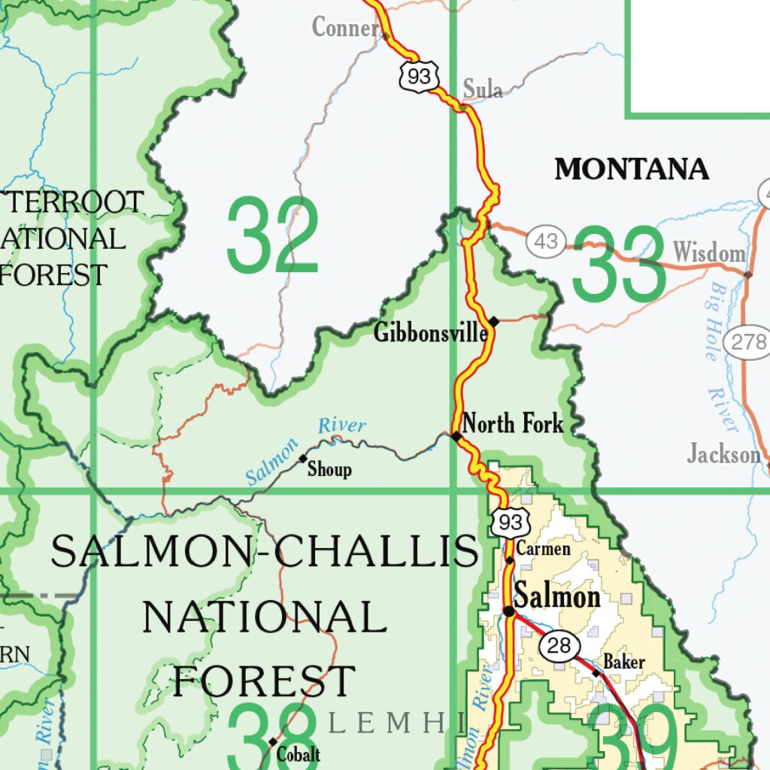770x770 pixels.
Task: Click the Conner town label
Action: pyautogui.click(x=345, y=29)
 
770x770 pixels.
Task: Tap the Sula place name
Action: pyautogui.click(x=482, y=89)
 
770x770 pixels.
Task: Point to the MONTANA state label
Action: pyautogui.click(x=632, y=169)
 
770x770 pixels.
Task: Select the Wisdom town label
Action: pyautogui.click(x=709, y=253)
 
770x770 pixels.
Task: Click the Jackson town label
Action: pyautogui.click(x=723, y=454)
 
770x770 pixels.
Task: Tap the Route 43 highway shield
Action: pyautogui.click(x=546, y=242)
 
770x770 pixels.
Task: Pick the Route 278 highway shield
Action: pyautogui.click(x=747, y=343)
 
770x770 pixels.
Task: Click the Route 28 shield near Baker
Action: pyautogui.click(x=559, y=646)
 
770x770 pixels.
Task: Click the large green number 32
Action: pyautogui.click(x=272, y=235)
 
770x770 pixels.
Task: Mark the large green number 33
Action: pyautogui.click(x=618, y=263)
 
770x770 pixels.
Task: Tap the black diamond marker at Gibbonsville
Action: pyautogui.click(x=494, y=321)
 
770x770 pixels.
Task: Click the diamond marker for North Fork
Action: pyautogui.click(x=456, y=436)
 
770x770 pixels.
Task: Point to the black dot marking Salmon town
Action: pyautogui.click(x=509, y=611)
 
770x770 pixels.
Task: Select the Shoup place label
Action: pyautogui.click(x=329, y=470)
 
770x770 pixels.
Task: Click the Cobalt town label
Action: pyautogui.click(x=299, y=754)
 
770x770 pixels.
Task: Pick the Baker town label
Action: pyautogui.click(x=624, y=662)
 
